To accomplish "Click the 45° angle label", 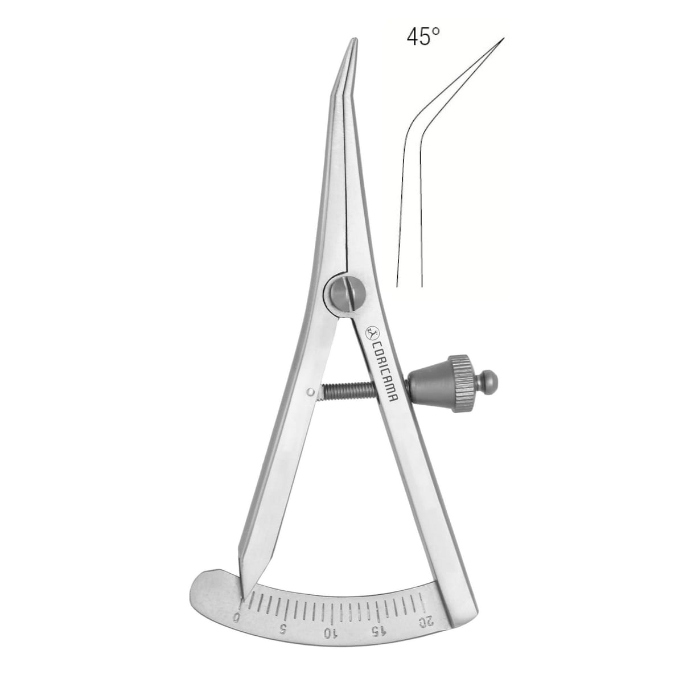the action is (x=423, y=37).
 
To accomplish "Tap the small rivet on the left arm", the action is (x=311, y=392).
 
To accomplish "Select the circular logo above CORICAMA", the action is (x=372, y=331).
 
